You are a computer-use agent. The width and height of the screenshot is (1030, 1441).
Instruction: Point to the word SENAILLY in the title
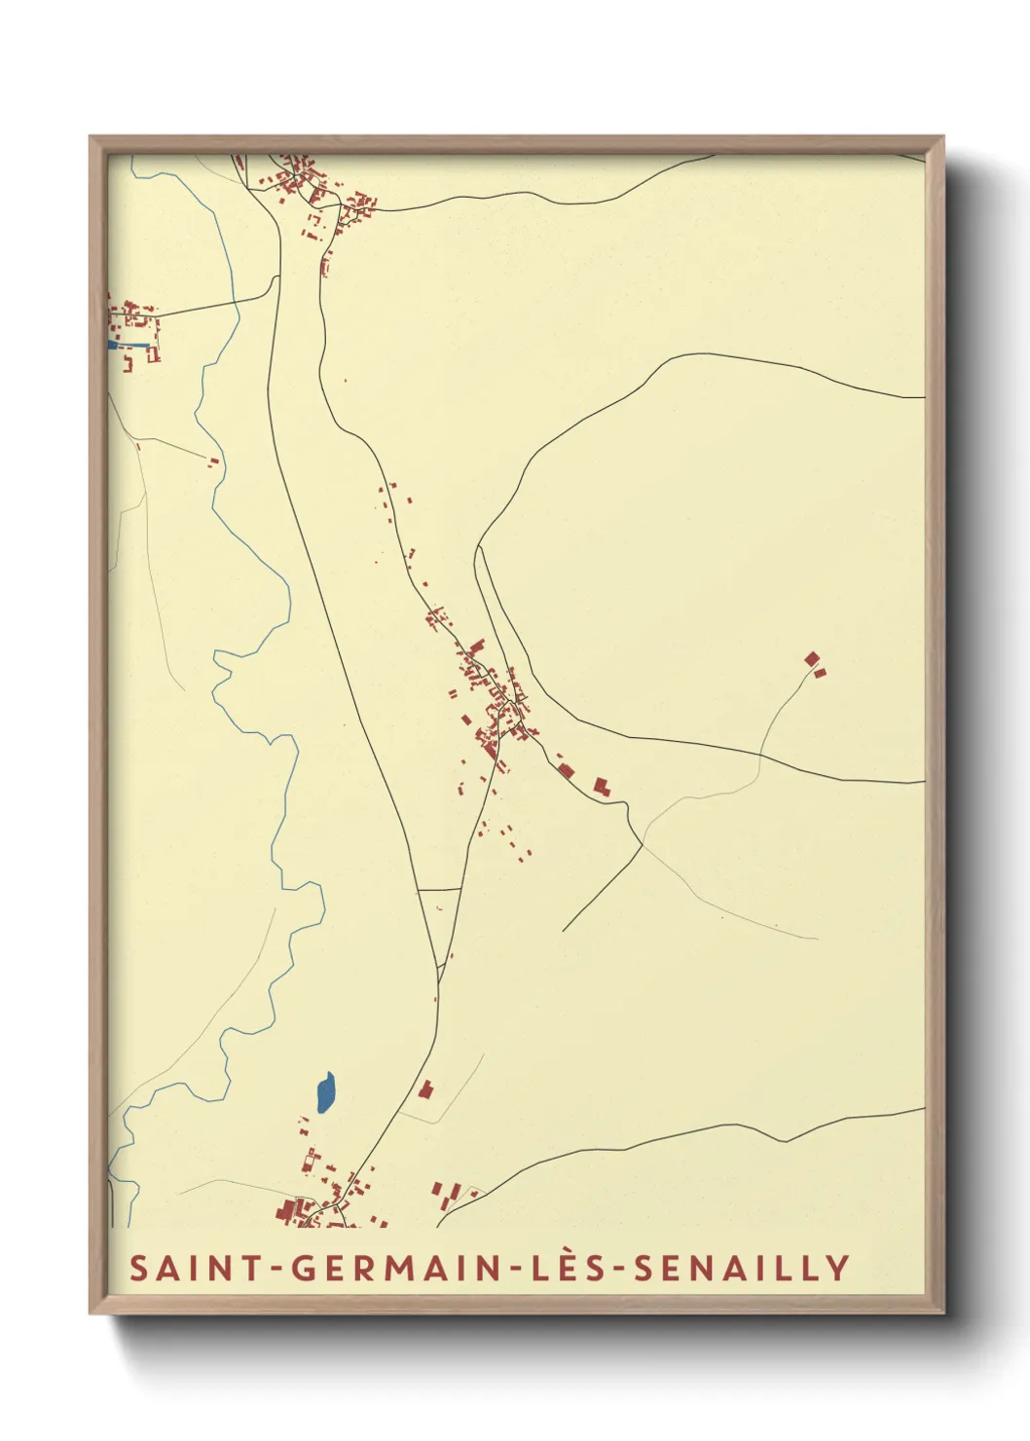tap(742, 1268)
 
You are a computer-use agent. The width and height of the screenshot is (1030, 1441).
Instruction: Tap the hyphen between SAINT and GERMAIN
tap(276, 1269)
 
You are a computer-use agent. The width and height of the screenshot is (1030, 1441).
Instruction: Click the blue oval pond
tap(325, 1092)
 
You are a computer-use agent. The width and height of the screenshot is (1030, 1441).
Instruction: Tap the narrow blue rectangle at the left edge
tap(128, 344)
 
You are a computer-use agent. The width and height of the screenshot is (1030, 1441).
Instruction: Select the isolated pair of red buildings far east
tap(815, 664)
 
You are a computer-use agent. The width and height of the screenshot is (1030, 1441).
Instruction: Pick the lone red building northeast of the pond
tap(424, 1089)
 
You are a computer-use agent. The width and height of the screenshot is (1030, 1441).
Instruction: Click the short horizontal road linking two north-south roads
tap(439, 889)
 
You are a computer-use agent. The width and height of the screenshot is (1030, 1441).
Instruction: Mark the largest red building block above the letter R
tap(288, 1210)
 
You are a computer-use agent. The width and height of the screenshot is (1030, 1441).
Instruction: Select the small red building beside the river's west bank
tap(213, 462)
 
